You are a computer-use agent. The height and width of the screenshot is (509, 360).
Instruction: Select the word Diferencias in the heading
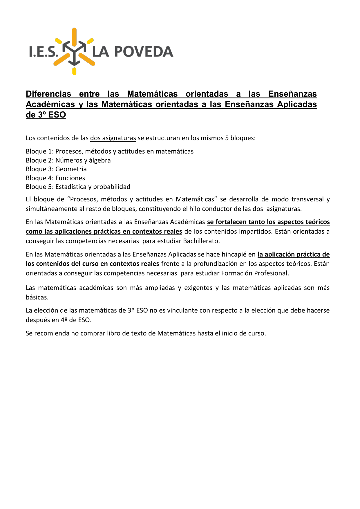coord(48,94)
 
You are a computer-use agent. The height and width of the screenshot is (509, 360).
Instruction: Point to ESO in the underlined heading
coord(57,115)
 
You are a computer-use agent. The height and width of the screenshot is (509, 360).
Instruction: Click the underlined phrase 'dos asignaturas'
coord(113,138)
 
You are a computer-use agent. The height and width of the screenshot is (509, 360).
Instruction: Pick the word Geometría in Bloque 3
coord(71,169)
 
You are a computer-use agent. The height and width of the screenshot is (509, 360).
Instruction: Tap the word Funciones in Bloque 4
coord(70,178)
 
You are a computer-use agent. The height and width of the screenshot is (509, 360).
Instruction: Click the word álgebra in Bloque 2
coord(100,160)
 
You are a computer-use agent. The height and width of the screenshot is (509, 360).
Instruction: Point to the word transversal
coord(307,199)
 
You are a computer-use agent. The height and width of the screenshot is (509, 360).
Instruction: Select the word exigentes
coord(198,288)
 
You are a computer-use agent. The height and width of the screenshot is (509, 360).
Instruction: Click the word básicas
coord(37,297)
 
